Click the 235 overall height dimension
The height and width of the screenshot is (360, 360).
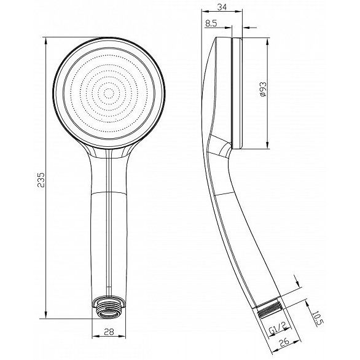tap(41, 180)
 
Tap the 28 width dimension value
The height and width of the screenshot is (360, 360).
tap(109, 332)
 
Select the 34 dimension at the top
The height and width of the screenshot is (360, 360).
tap(222, 7)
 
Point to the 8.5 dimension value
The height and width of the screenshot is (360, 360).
tap(211, 23)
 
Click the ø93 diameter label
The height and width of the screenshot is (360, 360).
tap(263, 89)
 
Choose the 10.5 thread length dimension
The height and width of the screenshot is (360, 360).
tap(318, 319)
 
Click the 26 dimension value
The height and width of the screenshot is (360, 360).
tap(284, 342)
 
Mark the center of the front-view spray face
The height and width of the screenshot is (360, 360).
tap(109, 93)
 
